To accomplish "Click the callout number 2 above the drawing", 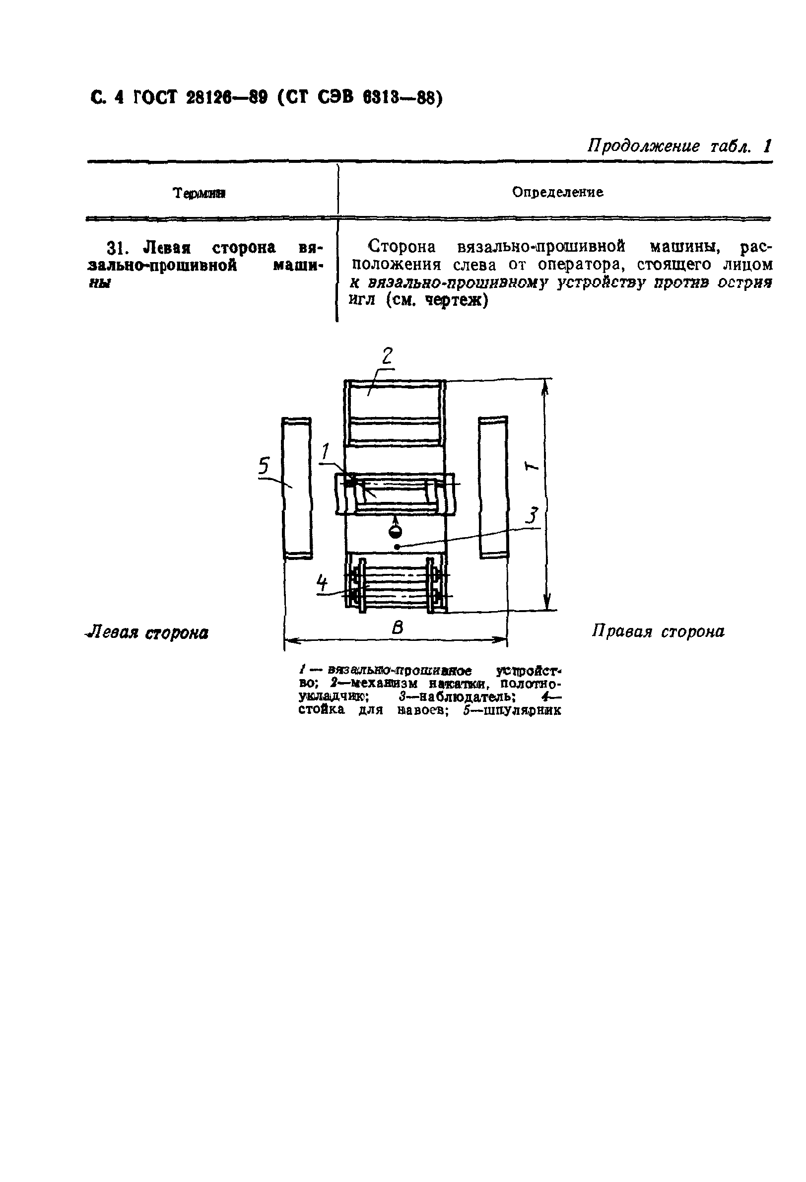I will click(387, 355).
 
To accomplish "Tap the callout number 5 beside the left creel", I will click(264, 465).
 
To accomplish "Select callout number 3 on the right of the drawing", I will click(532, 516).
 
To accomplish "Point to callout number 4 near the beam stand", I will click(322, 582).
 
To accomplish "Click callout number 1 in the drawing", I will click(326, 451).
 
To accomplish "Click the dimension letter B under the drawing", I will click(397, 627).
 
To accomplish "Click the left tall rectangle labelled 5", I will click(296, 488).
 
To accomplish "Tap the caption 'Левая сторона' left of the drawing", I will click(147, 633).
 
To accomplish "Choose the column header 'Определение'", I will click(558, 192).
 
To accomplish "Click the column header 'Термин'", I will click(200, 193).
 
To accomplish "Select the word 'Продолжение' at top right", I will click(644, 146).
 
